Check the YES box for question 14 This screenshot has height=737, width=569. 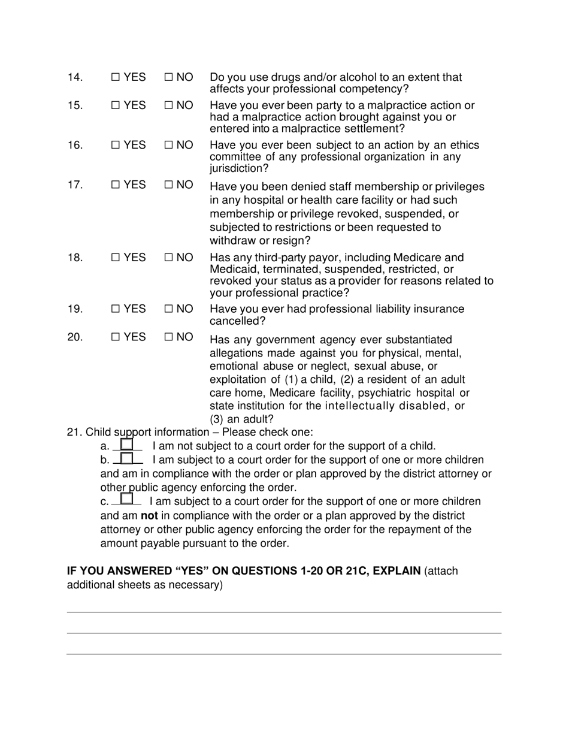pyautogui.click(x=116, y=77)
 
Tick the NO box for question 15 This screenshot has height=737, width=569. pyautogui.click(x=168, y=105)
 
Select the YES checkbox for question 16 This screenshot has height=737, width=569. pyautogui.click(x=116, y=146)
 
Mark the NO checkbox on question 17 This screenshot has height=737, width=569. pyautogui.click(x=168, y=185)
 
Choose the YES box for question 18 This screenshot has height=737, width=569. pyautogui.click(x=116, y=258)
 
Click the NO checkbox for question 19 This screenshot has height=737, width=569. pyautogui.click(x=168, y=309)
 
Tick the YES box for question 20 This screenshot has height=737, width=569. pyautogui.click(x=116, y=337)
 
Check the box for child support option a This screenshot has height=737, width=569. pyautogui.click(x=126, y=445)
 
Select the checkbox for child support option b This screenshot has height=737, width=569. pyautogui.click(x=127, y=458)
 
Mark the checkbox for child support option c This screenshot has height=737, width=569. pyautogui.click(x=126, y=499)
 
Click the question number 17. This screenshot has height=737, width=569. pyautogui.click(x=75, y=185)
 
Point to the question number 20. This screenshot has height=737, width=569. pyautogui.click(x=75, y=337)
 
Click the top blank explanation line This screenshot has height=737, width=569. pyautogui.click(x=284, y=612)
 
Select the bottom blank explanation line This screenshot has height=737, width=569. pyautogui.click(x=284, y=654)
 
